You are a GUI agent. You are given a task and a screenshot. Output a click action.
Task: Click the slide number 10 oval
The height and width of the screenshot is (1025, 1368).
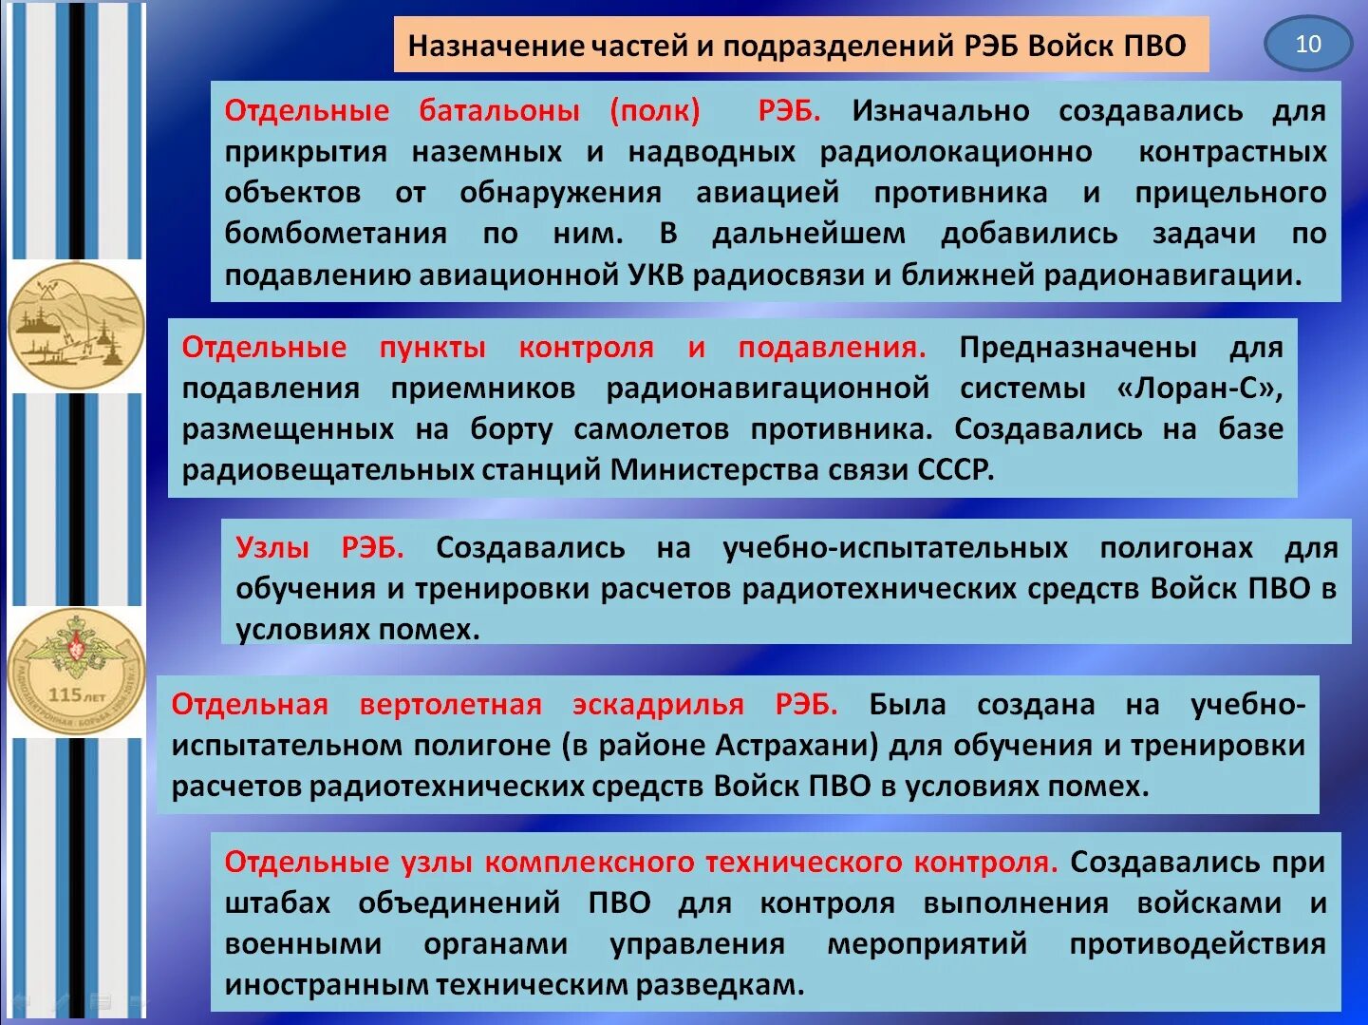pos(1307,44)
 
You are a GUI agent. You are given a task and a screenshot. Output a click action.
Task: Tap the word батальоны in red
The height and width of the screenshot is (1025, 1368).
pos(499,110)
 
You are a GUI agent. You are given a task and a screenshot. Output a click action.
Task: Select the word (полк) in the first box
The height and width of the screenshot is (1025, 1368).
pos(655,110)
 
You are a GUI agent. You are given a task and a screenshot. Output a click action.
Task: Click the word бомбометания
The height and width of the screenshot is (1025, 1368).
pos(335,234)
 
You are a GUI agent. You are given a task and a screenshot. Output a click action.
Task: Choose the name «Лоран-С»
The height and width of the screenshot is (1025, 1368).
pos(1200,388)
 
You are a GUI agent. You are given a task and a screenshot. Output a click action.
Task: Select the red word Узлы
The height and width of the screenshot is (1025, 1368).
pos(272,547)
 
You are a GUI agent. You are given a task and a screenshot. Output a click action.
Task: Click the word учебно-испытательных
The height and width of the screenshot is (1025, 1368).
pos(894,547)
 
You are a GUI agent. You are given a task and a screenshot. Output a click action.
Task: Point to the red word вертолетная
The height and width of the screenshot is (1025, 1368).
pos(450,704)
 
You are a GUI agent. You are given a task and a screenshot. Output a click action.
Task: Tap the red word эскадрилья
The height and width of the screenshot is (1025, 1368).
pos(658,704)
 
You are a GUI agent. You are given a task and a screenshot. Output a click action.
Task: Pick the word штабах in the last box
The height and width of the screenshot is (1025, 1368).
pos(277,902)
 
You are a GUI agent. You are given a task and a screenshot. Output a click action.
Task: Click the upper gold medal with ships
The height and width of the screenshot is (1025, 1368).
pos(76,326)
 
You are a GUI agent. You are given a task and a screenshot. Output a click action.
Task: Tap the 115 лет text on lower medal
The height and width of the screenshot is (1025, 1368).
pos(77,694)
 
